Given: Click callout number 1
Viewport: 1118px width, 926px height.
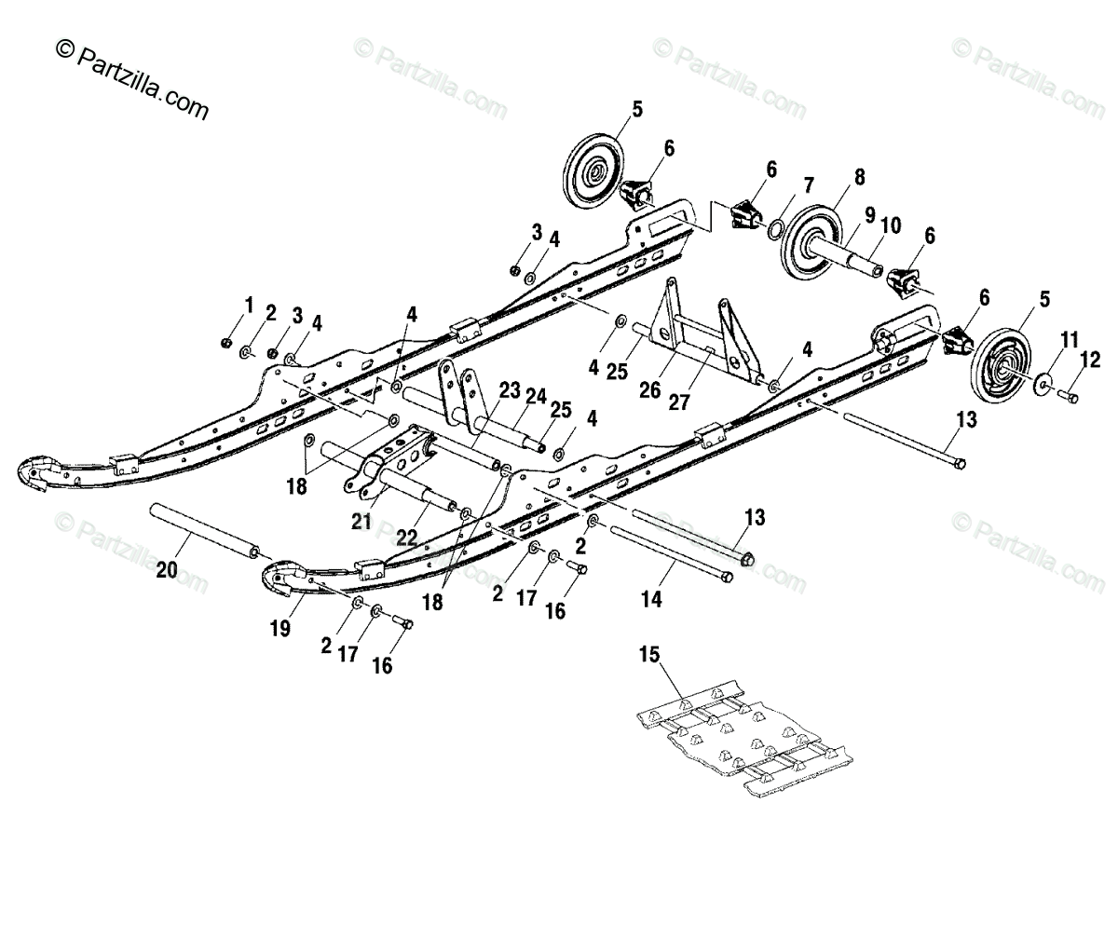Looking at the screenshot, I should tap(249, 305).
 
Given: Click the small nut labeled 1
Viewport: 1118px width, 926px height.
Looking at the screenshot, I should tap(225, 343).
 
